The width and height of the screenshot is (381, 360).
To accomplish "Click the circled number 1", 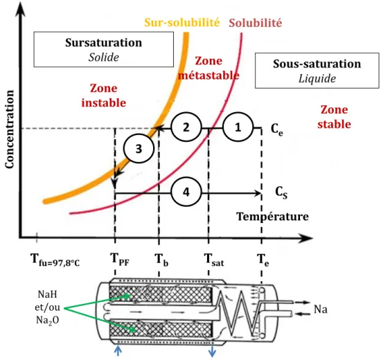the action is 238,127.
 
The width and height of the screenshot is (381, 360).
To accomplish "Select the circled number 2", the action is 186,127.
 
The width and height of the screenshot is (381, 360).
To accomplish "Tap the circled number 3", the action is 139,148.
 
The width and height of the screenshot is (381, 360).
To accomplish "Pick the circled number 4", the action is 186,192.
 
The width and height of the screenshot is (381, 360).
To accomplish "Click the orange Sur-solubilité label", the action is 182,23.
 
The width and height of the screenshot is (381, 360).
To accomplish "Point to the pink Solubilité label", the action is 256,23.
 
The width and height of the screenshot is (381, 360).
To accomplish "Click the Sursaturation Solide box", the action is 103,49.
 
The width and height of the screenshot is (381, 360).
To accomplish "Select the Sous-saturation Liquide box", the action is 317,71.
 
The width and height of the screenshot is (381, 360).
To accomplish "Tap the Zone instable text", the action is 104,96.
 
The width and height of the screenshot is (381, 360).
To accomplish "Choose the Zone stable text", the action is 334,117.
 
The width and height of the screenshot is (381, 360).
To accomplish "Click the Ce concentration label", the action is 277,129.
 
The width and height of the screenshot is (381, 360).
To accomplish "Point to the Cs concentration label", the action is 281,192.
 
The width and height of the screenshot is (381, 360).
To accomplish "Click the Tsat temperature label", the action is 214,260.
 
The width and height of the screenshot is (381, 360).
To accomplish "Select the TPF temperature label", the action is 120,260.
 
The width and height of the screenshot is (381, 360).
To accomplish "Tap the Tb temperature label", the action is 161,260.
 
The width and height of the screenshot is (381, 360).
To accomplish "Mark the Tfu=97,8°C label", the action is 55,260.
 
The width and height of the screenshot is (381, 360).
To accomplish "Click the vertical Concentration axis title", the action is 10,129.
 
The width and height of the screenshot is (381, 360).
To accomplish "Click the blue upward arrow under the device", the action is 118,351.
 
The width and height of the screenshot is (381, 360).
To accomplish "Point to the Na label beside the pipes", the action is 321,309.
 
